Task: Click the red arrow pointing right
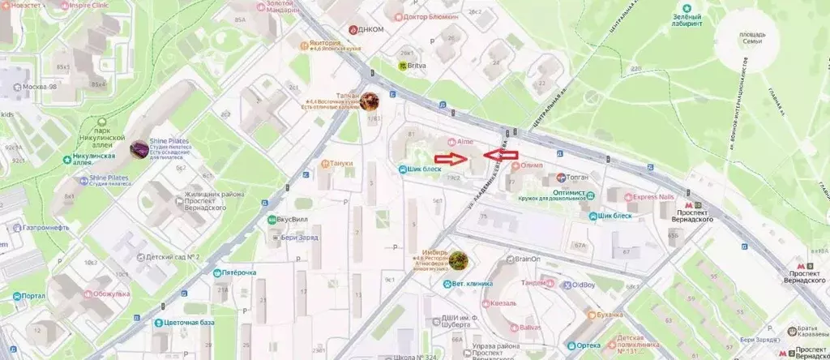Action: point(450,159)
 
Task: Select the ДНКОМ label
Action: point(370,29)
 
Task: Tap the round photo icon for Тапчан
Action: point(370,101)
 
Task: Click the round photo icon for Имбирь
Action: point(459,259)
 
